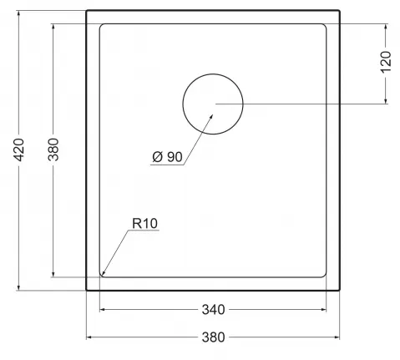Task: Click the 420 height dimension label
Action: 19,150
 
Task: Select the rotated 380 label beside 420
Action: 53,150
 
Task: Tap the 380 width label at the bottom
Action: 213,337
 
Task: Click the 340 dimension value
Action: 213,309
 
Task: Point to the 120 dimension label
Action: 386,63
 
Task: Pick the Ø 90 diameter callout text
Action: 167,157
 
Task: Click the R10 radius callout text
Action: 144,223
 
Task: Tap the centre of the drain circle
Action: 213,104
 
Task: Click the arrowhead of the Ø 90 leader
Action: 211,116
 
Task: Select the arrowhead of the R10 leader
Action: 103,273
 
